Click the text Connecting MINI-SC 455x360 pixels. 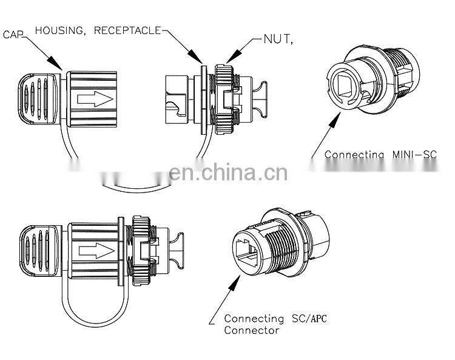[x=380, y=154]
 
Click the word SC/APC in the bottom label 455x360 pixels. [x=300, y=318]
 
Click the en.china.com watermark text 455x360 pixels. [x=227, y=174]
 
